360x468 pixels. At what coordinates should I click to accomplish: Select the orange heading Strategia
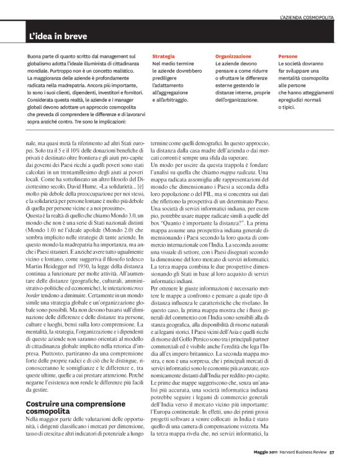pos(163,56)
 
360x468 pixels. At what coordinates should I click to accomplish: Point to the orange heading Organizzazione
pos(233,56)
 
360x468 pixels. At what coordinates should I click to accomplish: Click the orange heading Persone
pos(288,56)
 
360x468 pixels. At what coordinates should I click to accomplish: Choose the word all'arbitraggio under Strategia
pos(169,99)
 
